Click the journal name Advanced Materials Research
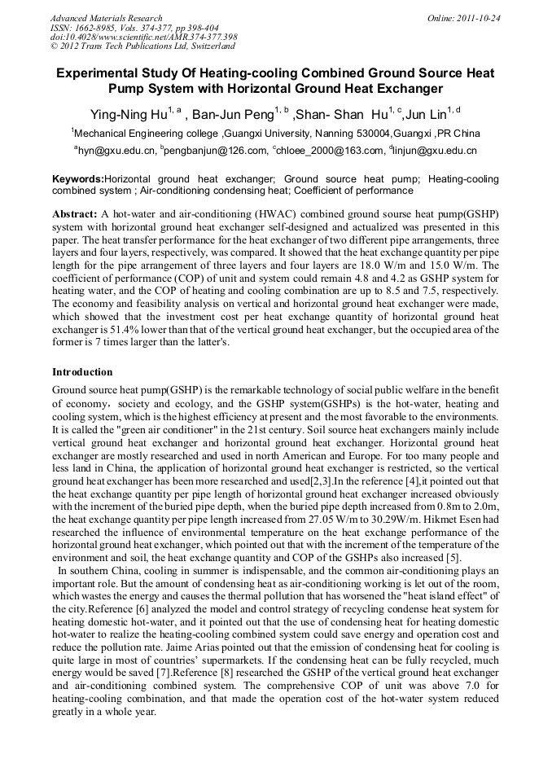106,18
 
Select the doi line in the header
143,37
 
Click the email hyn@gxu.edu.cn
115,151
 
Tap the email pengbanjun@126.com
216,151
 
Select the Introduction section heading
82,372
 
